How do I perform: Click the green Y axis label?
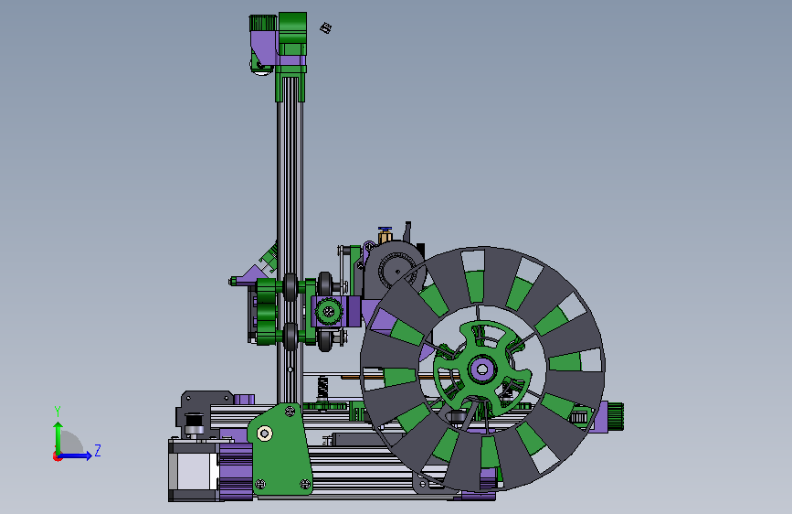point(58,412)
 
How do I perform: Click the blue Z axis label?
point(98,450)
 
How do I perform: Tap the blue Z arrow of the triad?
point(76,455)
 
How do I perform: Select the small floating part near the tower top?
point(326,27)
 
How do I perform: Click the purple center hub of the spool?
point(480,369)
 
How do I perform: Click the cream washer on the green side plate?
point(264,433)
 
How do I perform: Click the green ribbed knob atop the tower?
point(263,23)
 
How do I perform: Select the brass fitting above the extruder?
point(385,234)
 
